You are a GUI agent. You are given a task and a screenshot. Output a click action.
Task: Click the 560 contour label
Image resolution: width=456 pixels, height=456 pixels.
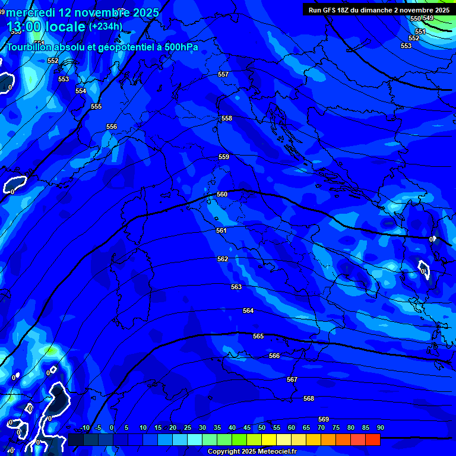(x=222, y=194)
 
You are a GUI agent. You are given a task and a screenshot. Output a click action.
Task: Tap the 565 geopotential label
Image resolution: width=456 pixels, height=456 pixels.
(x=258, y=336)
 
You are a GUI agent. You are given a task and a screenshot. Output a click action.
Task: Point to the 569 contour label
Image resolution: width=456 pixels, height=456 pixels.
(x=324, y=419)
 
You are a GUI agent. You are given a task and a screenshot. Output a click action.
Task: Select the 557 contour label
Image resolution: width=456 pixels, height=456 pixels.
(x=223, y=74)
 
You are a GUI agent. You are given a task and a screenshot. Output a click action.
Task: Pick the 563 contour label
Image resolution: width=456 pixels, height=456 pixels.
(x=236, y=287)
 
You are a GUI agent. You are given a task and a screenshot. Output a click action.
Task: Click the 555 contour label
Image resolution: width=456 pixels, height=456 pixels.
(x=96, y=106)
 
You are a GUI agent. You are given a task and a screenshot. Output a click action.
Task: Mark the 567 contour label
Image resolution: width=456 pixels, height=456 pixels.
(x=292, y=379)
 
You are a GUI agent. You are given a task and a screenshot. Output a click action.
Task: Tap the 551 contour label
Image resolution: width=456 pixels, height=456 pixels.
(x=420, y=31)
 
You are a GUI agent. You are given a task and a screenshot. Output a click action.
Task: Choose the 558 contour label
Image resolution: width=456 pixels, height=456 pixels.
(x=227, y=118)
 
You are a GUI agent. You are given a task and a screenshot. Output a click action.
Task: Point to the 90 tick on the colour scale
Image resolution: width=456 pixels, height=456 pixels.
(x=380, y=427)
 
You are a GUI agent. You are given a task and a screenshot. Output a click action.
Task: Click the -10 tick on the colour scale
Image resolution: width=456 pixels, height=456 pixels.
(x=84, y=427)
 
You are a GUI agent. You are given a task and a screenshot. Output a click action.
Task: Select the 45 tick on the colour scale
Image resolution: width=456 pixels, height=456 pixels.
(x=247, y=427)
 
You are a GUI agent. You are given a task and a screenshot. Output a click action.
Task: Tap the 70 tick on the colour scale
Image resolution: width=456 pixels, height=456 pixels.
(x=321, y=427)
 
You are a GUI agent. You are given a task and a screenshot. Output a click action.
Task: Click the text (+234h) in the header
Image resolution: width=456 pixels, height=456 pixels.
(x=105, y=26)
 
